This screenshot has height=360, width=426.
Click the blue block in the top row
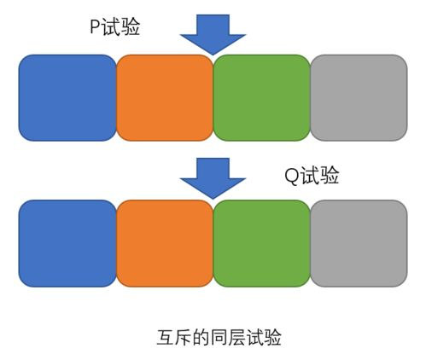tap(67, 97)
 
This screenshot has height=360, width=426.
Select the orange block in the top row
tap(164, 97)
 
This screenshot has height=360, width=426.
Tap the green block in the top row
tap(261, 97)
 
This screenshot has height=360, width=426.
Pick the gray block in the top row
tap(358, 97)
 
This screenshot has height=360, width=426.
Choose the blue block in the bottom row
tap(67, 242)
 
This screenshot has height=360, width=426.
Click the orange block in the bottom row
tap(164, 242)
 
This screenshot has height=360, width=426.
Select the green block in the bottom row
tap(261, 242)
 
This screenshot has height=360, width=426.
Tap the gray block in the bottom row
tap(358, 242)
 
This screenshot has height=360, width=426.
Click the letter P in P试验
tap(95, 29)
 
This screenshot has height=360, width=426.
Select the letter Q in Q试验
tap(291, 177)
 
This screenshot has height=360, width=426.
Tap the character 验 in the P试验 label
tap(130, 29)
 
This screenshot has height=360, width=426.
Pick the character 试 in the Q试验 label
tap(310, 177)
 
